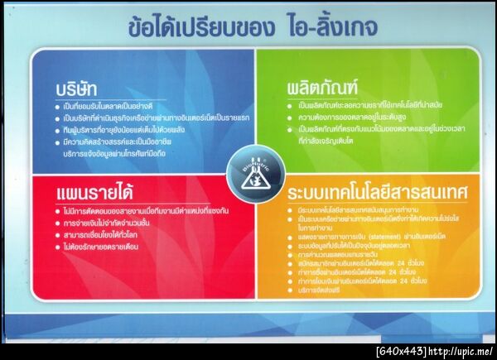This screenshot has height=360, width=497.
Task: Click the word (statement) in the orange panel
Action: tap(363, 247)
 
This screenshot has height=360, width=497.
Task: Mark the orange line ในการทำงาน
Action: tap(323, 236)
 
